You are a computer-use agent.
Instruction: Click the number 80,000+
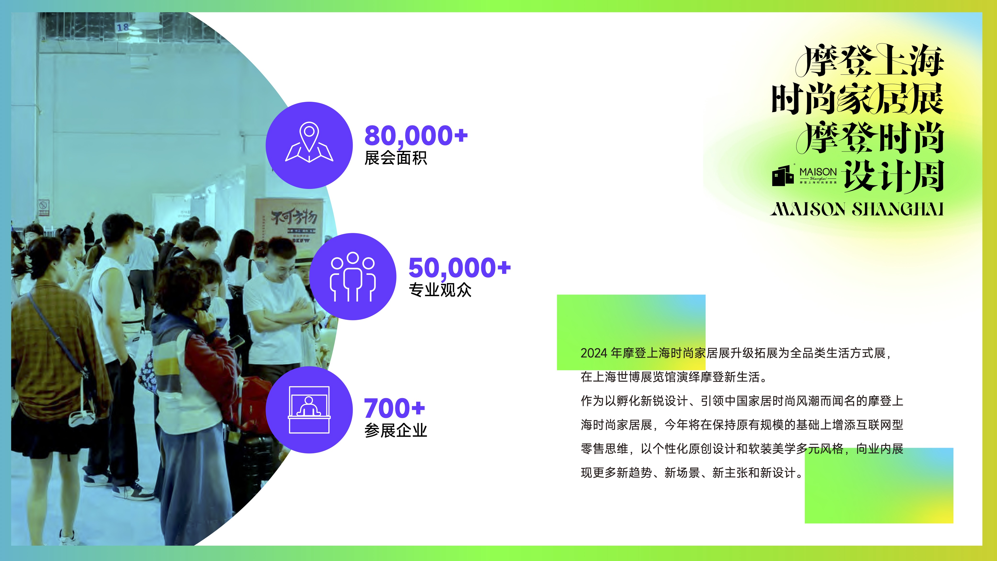(416, 136)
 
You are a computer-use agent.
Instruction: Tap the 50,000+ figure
(460, 268)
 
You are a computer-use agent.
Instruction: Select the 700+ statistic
(394, 408)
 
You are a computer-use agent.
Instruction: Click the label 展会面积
(396, 158)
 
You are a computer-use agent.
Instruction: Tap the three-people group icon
(353, 277)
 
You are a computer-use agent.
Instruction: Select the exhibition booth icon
(309, 410)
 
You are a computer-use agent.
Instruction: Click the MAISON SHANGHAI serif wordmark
(857, 209)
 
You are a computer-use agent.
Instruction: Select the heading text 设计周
(894, 176)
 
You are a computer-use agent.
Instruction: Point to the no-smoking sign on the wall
(43, 207)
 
